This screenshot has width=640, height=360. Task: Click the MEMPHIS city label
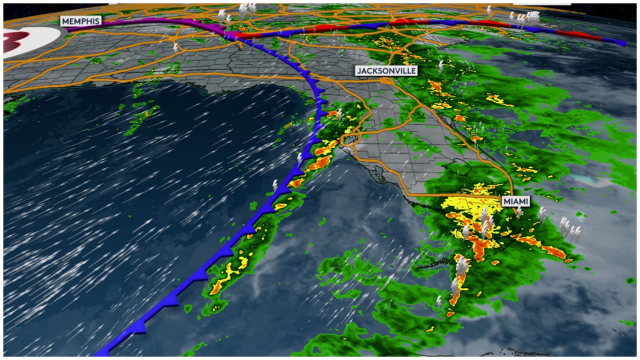click(81, 21)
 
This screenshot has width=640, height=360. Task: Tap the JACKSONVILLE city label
click(386, 71)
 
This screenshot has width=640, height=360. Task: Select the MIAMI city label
click(516, 201)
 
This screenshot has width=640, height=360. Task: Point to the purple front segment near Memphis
click(150, 22)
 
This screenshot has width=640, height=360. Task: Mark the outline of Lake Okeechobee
click(461, 167)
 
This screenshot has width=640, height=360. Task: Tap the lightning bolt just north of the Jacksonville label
click(441, 66)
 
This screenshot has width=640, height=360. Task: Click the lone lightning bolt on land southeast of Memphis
click(175, 47)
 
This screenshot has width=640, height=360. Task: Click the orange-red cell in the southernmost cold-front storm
click(217, 287)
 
